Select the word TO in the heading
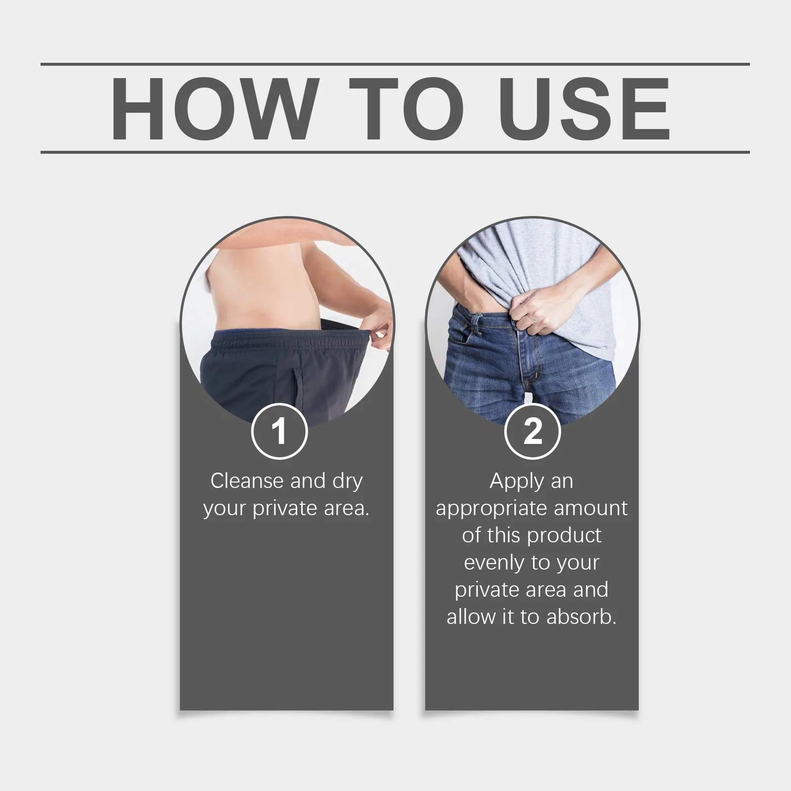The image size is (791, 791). pyautogui.click(x=406, y=109)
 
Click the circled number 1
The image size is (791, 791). pyautogui.click(x=280, y=431)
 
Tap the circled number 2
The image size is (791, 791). pyautogui.click(x=532, y=431)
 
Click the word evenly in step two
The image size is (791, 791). pyautogui.click(x=494, y=563)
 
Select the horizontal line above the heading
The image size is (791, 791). pyautogui.click(x=395, y=64)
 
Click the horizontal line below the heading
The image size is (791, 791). pyautogui.click(x=395, y=152)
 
